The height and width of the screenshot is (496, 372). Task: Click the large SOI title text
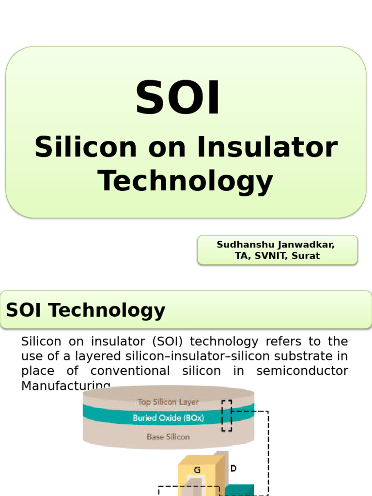point(178,99)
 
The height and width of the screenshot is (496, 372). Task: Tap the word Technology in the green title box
point(186,181)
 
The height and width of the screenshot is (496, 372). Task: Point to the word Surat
point(306,256)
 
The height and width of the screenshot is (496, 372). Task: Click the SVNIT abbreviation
point(268,256)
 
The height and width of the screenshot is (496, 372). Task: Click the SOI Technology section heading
point(86,310)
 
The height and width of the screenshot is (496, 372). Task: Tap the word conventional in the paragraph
point(130,371)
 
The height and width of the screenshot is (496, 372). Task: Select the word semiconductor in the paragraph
point(302,371)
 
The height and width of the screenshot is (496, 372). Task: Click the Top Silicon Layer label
point(168,402)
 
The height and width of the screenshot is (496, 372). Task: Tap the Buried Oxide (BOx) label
point(168,418)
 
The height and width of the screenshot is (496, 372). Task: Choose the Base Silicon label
point(168,436)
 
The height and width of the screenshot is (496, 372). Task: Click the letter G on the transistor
point(197,470)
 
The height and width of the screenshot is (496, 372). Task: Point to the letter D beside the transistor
point(233,468)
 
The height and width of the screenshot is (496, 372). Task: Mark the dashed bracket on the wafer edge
point(227,416)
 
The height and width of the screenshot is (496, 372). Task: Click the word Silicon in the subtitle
point(86,147)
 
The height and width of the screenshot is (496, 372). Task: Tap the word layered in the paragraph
point(104,356)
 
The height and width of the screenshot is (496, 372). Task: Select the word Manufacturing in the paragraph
point(66,386)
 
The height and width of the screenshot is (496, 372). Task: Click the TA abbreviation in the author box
point(241,256)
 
